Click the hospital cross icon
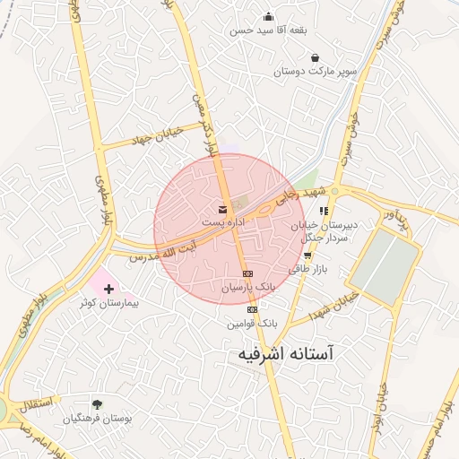click(109, 290)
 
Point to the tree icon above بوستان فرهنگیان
click(97, 405)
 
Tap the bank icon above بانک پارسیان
click(248, 273)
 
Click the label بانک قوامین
click(253, 322)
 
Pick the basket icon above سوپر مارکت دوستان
click(315, 58)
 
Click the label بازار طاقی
click(304, 267)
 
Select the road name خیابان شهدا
click(334, 304)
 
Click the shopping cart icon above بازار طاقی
click(307, 255)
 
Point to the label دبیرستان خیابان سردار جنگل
click(326, 231)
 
